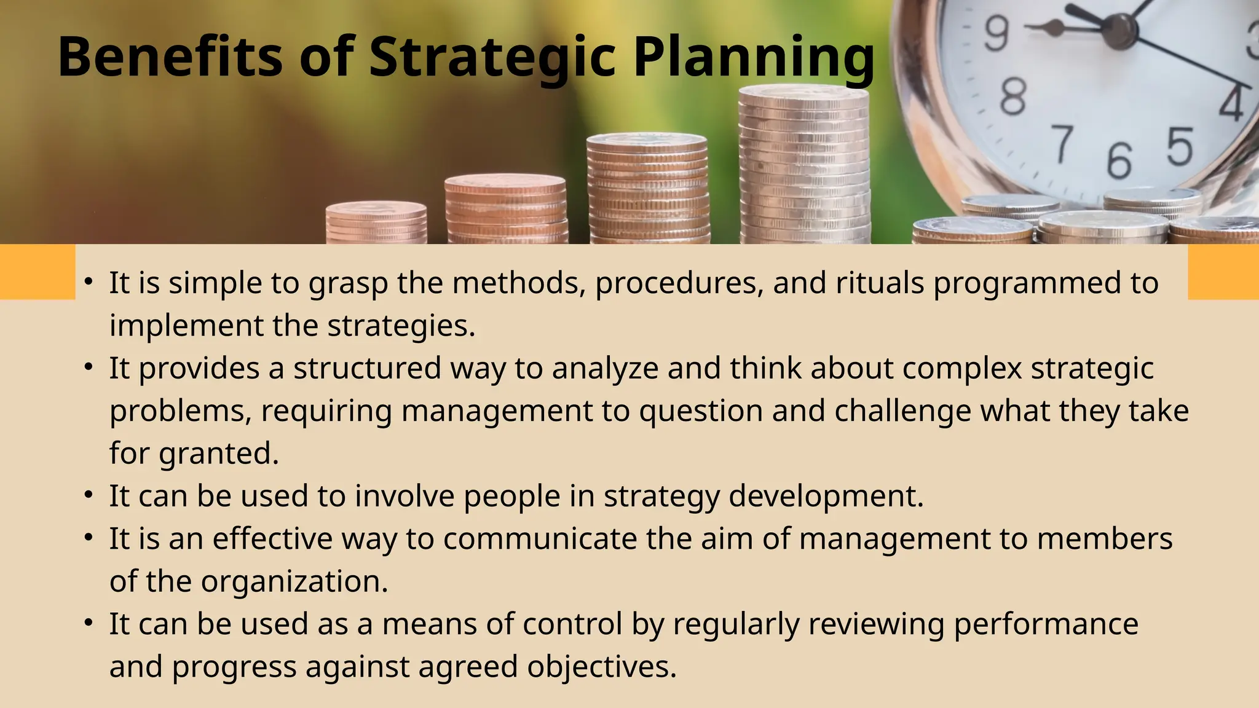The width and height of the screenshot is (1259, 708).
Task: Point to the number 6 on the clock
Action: (1119, 161)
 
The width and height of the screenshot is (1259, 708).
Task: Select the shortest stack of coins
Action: (376, 222)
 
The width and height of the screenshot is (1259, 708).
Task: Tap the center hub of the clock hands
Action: (1123, 28)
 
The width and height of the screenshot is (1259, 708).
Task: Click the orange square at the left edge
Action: (37, 272)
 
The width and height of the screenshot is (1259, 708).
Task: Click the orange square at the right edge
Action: (1223, 272)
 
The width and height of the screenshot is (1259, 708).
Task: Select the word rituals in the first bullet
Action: (880, 283)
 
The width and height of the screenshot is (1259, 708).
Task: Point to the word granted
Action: (219, 454)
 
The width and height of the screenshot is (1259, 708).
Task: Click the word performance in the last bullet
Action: (1046, 624)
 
